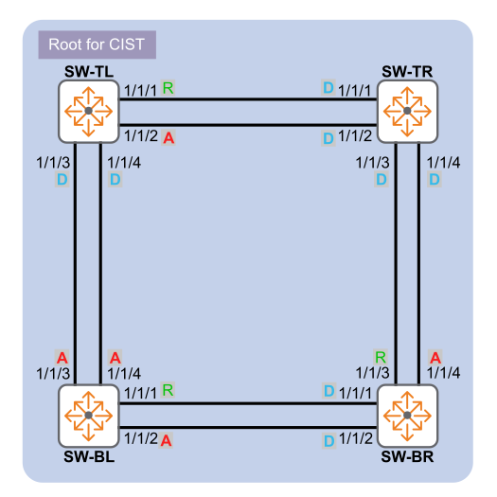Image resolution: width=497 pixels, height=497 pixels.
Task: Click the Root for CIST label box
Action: [x=97, y=44]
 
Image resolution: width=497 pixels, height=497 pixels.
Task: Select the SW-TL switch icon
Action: [x=89, y=112]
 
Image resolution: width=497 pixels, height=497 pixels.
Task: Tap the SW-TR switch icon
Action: [x=408, y=112]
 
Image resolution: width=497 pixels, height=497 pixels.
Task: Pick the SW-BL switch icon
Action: [x=89, y=416]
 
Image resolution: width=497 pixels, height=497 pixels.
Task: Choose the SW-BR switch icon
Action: [x=408, y=416]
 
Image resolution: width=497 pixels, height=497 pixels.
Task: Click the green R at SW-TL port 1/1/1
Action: [x=168, y=88]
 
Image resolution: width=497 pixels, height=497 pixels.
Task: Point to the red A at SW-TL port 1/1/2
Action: [x=169, y=138]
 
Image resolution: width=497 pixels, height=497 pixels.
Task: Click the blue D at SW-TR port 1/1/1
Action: [x=328, y=87]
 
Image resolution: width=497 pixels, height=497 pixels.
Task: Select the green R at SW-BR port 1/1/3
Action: [x=381, y=358]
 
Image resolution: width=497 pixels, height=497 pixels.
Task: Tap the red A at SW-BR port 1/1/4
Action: [x=435, y=358]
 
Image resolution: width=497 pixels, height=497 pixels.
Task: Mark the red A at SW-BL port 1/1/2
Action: [x=166, y=440]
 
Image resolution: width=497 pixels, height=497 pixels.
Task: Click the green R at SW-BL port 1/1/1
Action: [x=168, y=390]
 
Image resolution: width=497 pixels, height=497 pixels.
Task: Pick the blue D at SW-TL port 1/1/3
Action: [x=62, y=180]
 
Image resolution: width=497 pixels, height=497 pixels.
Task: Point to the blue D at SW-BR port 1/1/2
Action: [x=329, y=441]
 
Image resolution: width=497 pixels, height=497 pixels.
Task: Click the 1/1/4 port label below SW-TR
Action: [x=443, y=163]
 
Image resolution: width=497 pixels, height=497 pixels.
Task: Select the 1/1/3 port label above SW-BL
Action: [x=53, y=374]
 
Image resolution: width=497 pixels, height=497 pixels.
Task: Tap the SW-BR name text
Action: [x=407, y=456]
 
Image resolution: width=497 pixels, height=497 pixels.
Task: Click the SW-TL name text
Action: [x=89, y=72]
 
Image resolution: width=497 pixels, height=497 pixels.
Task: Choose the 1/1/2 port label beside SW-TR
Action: [x=355, y=136]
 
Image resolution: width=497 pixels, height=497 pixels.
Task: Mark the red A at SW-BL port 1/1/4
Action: [x=115, y=358]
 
